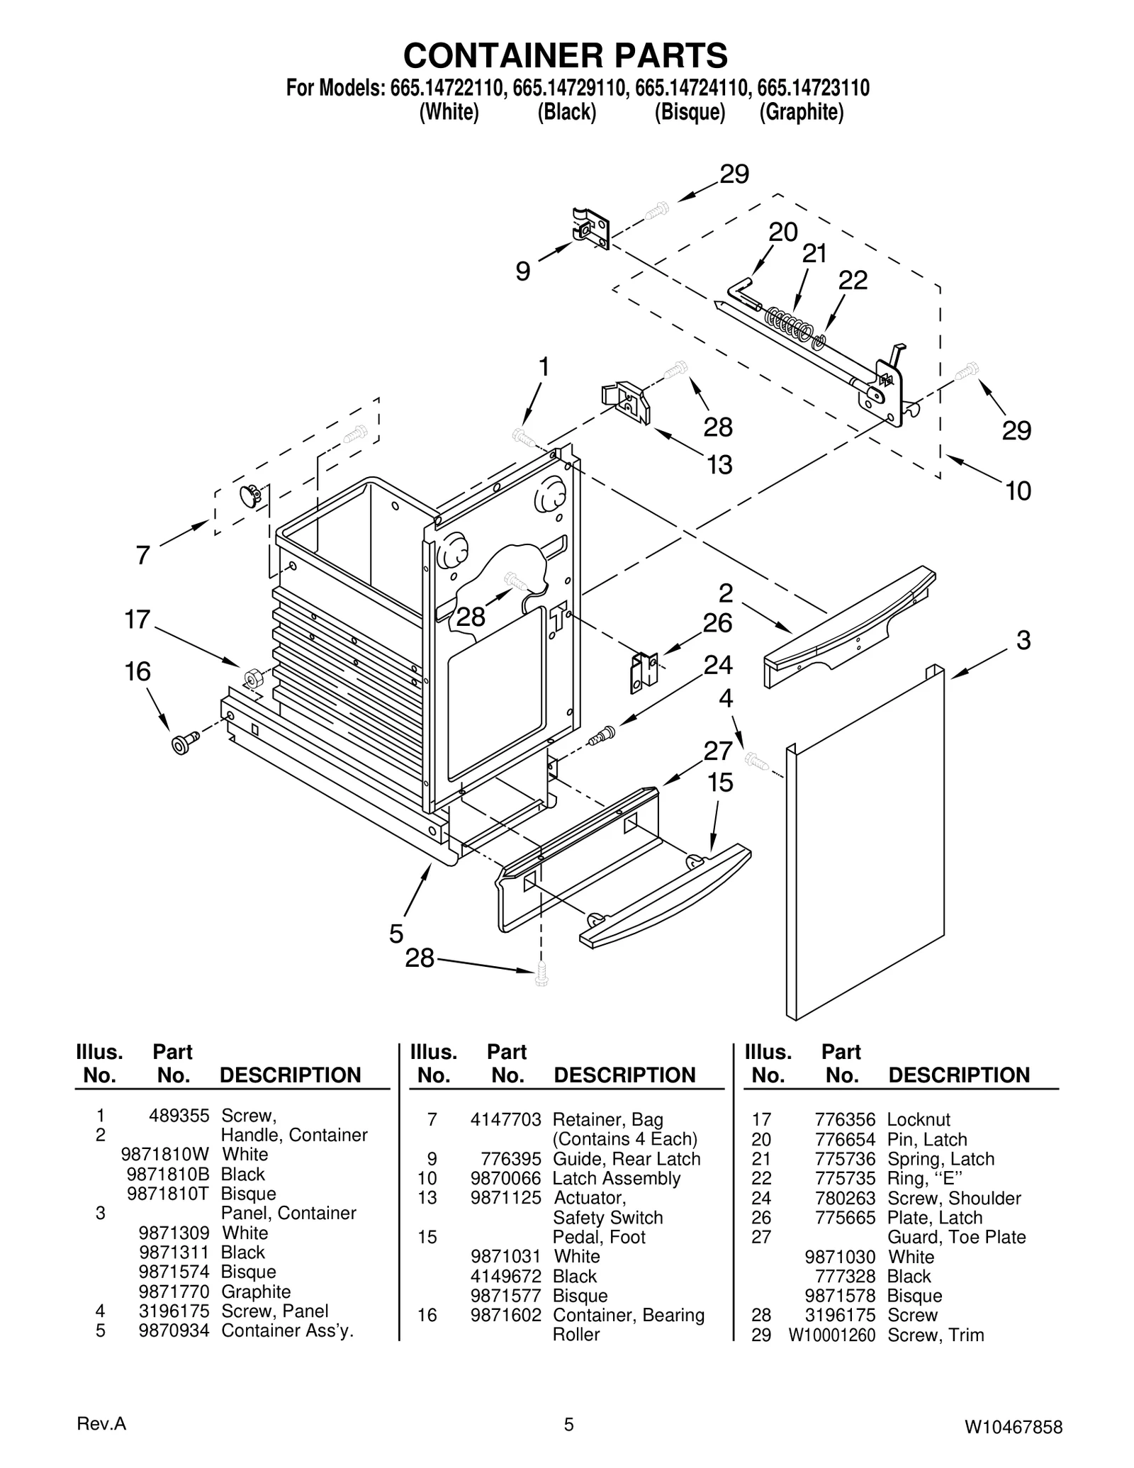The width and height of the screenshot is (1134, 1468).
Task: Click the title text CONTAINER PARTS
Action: click(566, 55)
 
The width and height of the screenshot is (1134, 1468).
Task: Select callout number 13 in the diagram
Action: click(719, 465)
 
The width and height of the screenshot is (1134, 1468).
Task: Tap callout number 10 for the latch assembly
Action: click(1018, 491)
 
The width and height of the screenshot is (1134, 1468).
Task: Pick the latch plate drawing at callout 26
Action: click(644, 671)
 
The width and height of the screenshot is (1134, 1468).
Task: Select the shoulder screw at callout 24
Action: click(600, 736)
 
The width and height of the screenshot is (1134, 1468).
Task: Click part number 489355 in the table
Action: click(179, 1116)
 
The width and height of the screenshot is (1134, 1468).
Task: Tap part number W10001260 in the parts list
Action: click(832, 1335)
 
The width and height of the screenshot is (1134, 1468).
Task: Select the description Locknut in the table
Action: click(919, 1120)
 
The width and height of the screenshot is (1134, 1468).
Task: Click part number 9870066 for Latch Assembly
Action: click(505, 1179)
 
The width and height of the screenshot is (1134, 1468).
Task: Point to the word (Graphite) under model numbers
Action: click(802, 113)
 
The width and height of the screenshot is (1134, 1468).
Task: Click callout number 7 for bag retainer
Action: click(143, 554)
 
